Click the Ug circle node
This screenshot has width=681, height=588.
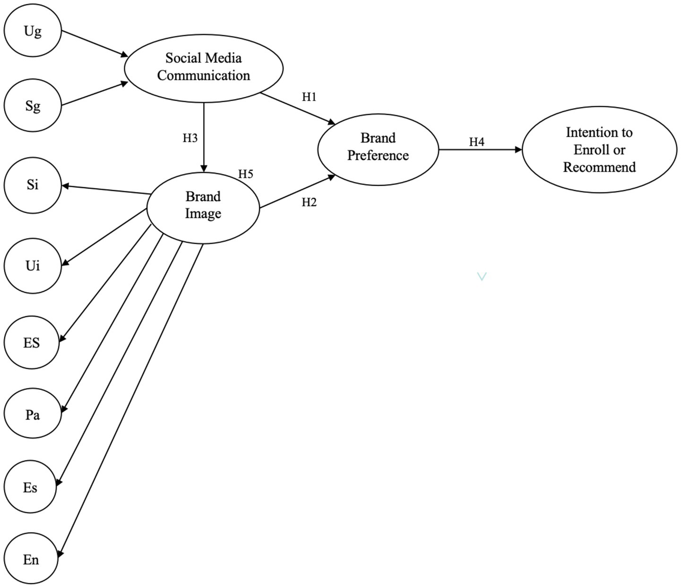[33, 31]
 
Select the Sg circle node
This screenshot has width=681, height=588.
[33, 106]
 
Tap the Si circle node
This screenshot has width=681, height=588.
[33, 185]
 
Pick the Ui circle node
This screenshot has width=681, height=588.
[33, 266]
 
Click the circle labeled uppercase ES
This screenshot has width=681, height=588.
[32, 343]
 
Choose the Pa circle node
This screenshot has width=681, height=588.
[33, 415]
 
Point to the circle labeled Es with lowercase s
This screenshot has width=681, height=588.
[30, 487]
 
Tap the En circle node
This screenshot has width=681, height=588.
[31, 560]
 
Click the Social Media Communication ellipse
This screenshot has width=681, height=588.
[204, 68]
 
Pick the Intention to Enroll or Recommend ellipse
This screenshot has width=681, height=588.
[599, 149]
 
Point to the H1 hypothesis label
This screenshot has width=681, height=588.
[309, 97]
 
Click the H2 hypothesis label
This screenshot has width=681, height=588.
[309, 202]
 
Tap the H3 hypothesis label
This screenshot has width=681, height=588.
[190, 138]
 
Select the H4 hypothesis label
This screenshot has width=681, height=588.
[476, 142]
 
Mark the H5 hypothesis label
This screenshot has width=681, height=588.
[246, 174]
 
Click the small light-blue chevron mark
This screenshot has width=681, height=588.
[482, 277]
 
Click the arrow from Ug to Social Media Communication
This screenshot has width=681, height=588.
[95, 44]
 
